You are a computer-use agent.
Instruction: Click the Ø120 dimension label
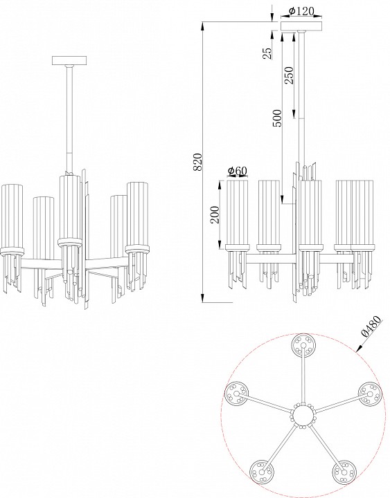[301, 12]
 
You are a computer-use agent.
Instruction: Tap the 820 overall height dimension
[197, 162]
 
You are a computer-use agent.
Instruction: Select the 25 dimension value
[268, 54]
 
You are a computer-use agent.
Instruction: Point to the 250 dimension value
[289, 75]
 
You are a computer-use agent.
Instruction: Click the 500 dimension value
[277, 118]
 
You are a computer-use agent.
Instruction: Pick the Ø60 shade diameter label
[238, 171]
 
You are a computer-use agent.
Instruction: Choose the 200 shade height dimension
[215, 214]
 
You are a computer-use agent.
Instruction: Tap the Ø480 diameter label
[371, 326]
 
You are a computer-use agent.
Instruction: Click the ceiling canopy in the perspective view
[69, 60]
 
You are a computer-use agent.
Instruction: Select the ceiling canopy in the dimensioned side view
[301, 26]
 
